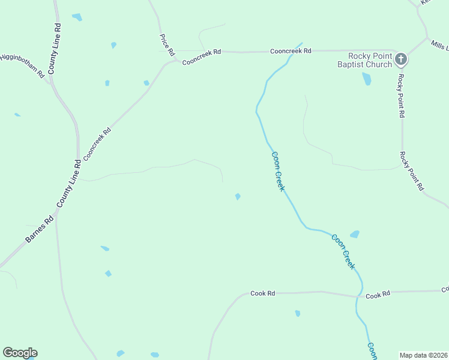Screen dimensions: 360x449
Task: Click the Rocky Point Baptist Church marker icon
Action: [x=402, y=59]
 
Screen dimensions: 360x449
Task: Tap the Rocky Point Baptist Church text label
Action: [x=364, y=60]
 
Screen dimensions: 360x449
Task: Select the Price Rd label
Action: [x=166, y=42]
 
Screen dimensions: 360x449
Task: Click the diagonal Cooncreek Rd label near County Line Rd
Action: [x=97, y=144]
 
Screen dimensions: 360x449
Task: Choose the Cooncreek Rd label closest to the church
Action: [x=291, y=51]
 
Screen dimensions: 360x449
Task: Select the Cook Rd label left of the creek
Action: [x=262, y=293]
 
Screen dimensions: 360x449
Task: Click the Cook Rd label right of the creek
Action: [x=378, y=295]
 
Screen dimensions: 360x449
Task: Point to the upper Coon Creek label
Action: [x=278, y=171]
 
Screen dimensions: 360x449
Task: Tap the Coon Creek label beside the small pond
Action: [x=343, y=251]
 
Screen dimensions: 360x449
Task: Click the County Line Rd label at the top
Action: [x=55, y=49]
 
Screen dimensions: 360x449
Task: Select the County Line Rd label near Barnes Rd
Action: [x=69, y=184]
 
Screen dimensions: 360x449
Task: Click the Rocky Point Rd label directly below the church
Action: [x=401, y=97]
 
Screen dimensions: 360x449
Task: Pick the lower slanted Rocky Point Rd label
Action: [x=412, y=171]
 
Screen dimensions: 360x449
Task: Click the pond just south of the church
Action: [x=366, y=79]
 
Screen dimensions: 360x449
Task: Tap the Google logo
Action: [x=20, y=353]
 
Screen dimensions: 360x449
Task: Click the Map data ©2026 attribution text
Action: [x=423, y=355]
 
